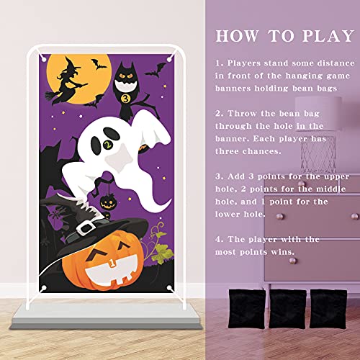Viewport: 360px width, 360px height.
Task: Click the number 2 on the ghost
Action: coord(109,145)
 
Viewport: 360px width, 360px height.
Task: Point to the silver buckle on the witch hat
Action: coord(87,229)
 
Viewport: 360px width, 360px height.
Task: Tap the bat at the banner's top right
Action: coord(152,71)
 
